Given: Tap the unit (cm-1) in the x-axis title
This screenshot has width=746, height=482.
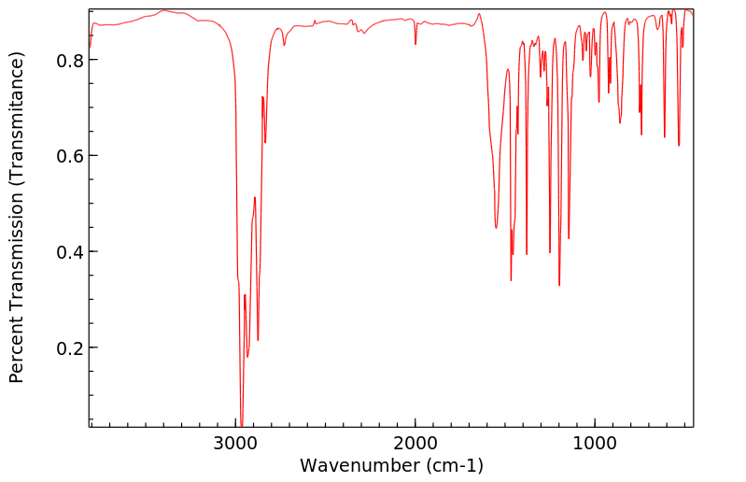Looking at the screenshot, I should pos(453,465).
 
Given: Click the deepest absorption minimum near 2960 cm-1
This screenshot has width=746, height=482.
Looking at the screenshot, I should pos(241,425).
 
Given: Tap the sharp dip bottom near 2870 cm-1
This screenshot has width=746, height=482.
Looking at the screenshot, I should pos(258,340).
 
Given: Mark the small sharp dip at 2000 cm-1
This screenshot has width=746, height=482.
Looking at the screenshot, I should pos(415,44).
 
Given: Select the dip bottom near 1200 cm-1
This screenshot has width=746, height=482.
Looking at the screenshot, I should pos(559,285).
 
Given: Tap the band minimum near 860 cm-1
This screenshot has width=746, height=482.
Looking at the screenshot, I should pos(620,122).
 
